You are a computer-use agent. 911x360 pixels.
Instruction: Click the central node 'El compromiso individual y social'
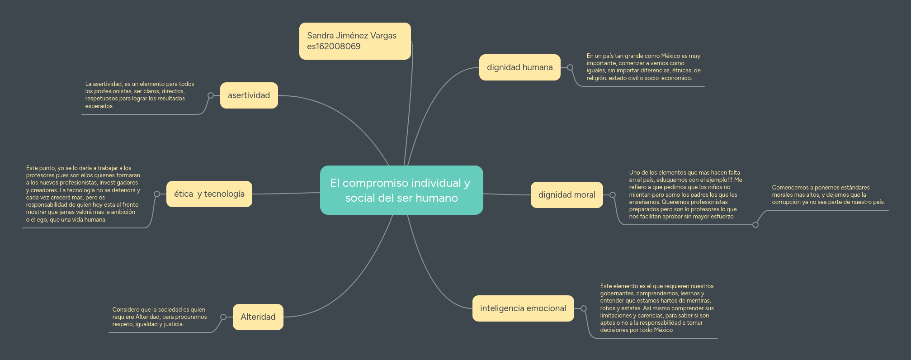click(x=401, y=190)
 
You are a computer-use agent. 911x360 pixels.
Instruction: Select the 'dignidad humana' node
click(x=519, y=67)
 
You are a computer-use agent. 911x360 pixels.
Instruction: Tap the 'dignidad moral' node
click(x=566, y=195)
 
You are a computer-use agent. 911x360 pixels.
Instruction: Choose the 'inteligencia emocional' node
click(x=523, y=308)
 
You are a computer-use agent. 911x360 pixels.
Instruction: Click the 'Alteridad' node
click(x=258, y=317)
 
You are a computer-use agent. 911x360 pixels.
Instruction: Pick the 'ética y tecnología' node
click(x=209, y=194)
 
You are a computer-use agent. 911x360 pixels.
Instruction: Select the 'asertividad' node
click(x=249, y=95)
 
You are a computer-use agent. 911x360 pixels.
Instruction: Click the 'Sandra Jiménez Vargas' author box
click(x=352, y=36)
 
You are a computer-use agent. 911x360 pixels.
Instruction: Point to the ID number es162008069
click(x=334, y=47)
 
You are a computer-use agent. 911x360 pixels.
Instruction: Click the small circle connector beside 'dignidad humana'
click(x=570, y=67)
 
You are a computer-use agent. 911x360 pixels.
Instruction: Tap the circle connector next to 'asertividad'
click(x=211, y=95)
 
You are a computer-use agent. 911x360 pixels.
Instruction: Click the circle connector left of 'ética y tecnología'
click(x=157, y=194)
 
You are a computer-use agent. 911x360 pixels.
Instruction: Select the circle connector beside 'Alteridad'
click(x=223, y=317)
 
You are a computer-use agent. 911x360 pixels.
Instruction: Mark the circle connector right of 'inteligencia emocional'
click(x=584, y=308)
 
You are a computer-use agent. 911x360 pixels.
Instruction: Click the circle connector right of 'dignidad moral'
click(x=613, y=195)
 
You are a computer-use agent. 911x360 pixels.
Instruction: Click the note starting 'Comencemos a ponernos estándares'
click(x=828, y=195)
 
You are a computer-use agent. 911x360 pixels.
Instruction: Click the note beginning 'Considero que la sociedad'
click(x=159, y=317)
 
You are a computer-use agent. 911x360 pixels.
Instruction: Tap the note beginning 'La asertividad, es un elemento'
click(x=139, y=95)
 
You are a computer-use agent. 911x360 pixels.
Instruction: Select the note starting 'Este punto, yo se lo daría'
click(x=83, y=194)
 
